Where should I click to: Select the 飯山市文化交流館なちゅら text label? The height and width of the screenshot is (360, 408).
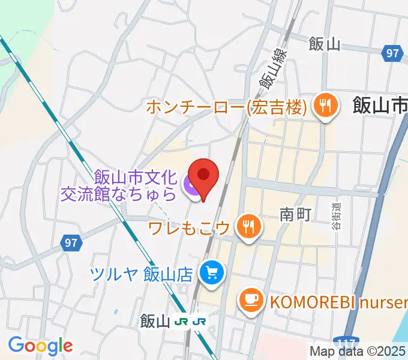(x=134, y=185)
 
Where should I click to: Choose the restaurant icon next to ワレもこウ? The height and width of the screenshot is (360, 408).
(x=248, y=226)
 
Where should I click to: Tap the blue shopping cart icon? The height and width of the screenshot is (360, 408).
(x=212, y=274)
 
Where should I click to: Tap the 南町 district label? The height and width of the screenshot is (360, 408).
(x=295, y=214)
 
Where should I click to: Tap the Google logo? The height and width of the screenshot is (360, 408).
(x=40, y=345)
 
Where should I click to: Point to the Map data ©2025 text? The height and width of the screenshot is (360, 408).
(x=358, y=351)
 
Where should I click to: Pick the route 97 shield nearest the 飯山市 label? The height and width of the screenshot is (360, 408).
(x=392, y=54)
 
